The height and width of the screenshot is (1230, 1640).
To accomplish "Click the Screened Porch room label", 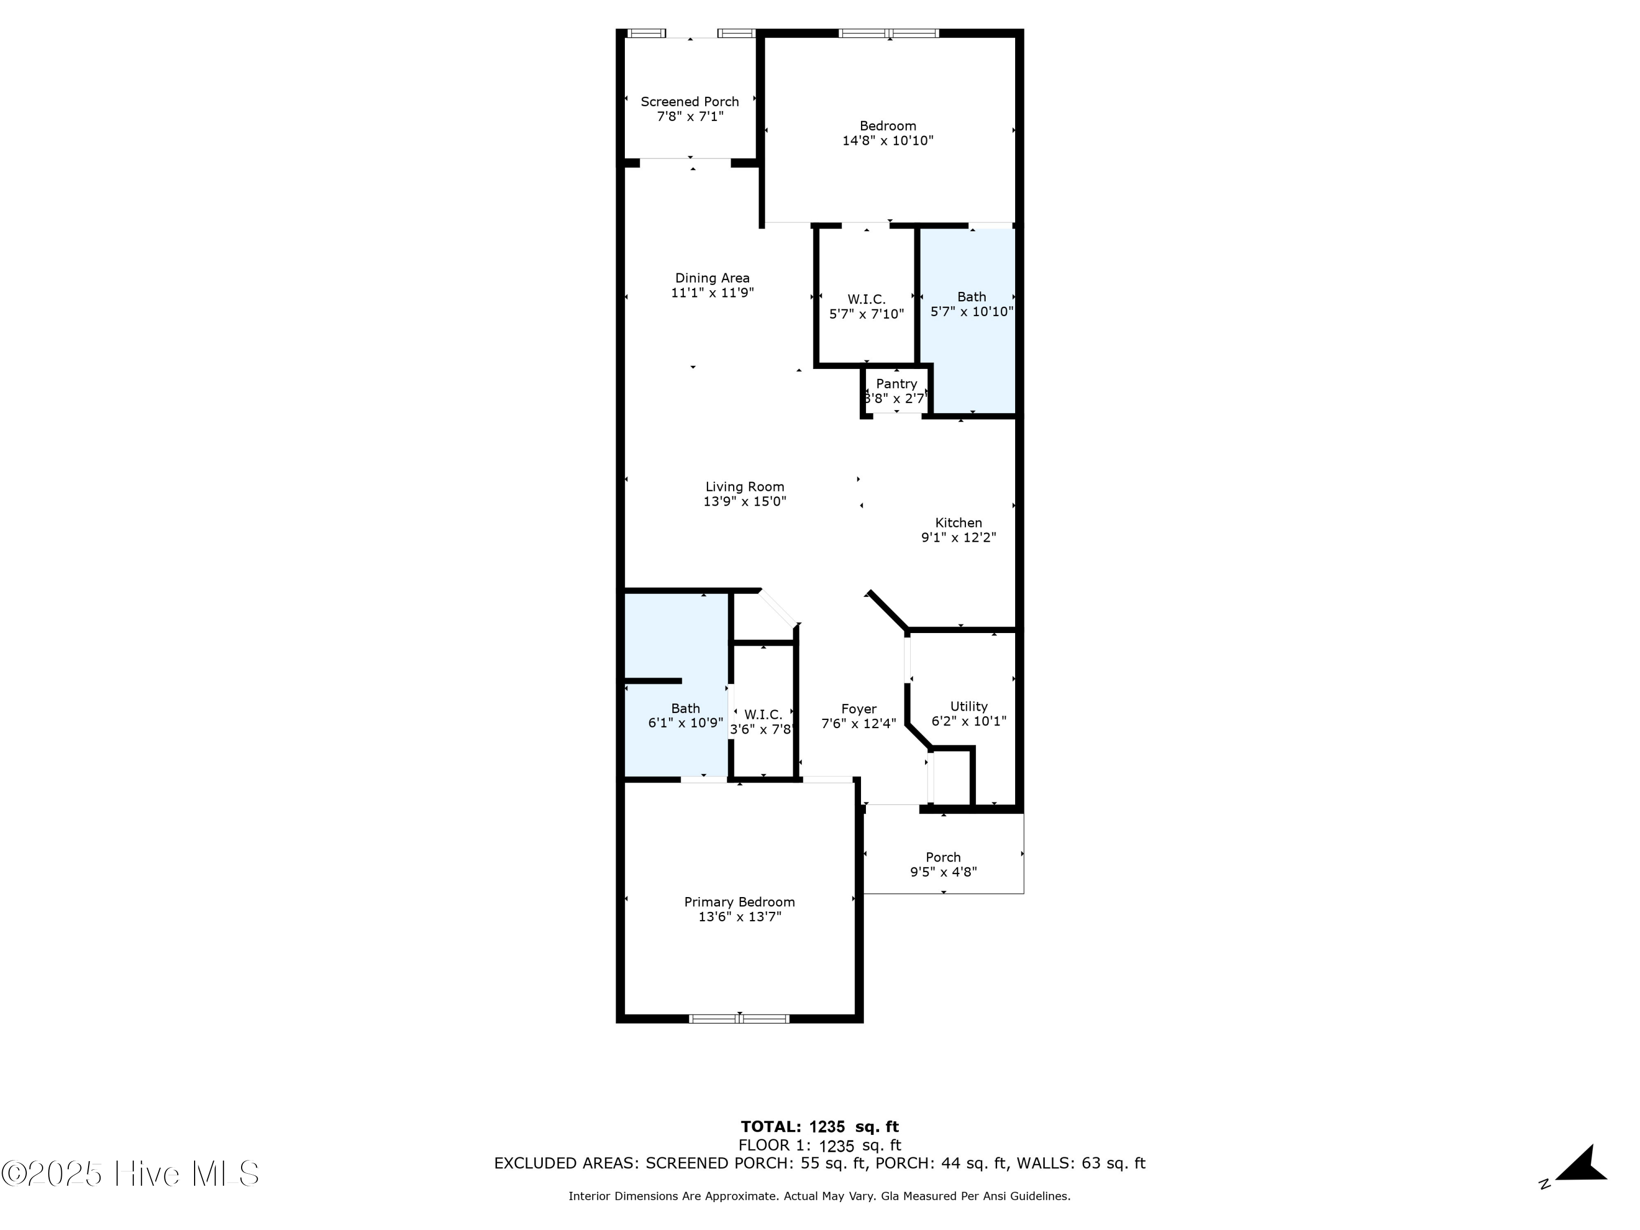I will pyautogui.click(x=689, y=102).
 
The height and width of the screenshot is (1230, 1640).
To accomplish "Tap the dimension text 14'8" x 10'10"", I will pyautogui.click(x=887, y=141).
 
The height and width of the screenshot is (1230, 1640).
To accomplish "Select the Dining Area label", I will pyautogui.click(x=712, y=278).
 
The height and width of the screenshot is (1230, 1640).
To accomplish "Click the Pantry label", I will pyautogui.click(x=897, y=383).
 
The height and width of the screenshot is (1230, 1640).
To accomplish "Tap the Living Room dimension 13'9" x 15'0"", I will pyautogui.click(x=745, y=502).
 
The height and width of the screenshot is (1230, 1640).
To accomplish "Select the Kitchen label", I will pyautogui.click(x=958, y=523).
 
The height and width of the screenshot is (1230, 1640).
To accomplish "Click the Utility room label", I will pyautogui.click(x=968, y=706).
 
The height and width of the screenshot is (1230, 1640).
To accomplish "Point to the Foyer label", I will pyautogui.click(x=859, y=709).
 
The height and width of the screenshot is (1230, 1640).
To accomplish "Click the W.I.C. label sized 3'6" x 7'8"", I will pyautogui.click(x=763, y=714).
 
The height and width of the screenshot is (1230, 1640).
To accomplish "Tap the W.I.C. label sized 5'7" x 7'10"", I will pyautogui.click(x=866, y=300).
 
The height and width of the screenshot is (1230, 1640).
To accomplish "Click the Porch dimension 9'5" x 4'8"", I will pyautogui.click(x=943, y=872).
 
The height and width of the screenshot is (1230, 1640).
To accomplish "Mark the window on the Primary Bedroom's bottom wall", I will pyautogui.click(x=739, y=1018).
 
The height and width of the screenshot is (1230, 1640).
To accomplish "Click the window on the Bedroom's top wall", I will pyautogui.click(x=888, y=33).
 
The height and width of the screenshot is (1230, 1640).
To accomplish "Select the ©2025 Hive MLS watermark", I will pyautogui.click(x=131, y=1174).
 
